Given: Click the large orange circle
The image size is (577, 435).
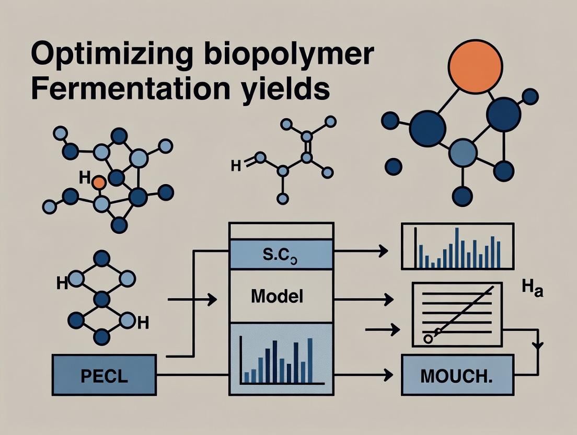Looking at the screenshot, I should click(476, 66).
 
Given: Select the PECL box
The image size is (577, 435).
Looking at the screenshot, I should click(104, 374).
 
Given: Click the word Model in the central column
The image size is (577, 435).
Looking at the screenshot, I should click(277, 296).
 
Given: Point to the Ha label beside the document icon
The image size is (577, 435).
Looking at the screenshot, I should click(533, 289).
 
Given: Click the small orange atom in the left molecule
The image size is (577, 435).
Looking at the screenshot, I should click(98, 182).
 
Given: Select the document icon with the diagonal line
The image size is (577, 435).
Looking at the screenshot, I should click(457, 314).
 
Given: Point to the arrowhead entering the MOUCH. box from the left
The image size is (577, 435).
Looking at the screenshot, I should click(388, 374).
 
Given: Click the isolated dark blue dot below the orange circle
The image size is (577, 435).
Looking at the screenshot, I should click(393, 167).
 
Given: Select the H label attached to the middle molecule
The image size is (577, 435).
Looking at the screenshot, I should click(236, 166).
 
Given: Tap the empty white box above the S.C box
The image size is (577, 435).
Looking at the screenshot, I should click(281, 231).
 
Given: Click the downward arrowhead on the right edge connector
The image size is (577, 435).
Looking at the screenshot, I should click(538, 346).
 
